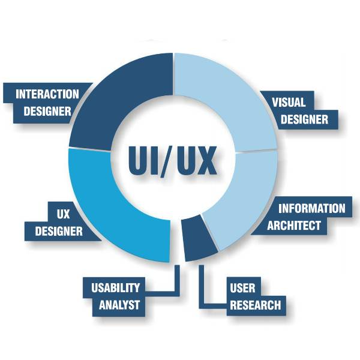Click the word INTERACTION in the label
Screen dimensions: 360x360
pyautogui.click(x=47, y=94)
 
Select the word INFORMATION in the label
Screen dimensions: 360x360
pyautogui.click(x=312, y=209)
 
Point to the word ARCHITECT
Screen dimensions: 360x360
pyautogui.click(x=294, y=226)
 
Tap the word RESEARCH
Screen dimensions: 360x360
pyautogui.click(x=255, y=305)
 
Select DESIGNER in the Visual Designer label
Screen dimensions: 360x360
pyautogui.click(x=304, y=119)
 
